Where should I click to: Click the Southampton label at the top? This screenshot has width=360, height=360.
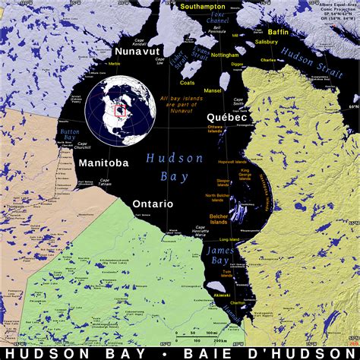coord(204,6)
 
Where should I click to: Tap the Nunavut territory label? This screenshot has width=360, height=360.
coord(134,51)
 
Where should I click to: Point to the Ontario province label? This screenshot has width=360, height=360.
coord(153,204)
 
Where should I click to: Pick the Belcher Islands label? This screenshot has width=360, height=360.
coord(218,221)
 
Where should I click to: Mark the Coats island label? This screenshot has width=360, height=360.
coord(188,83)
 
